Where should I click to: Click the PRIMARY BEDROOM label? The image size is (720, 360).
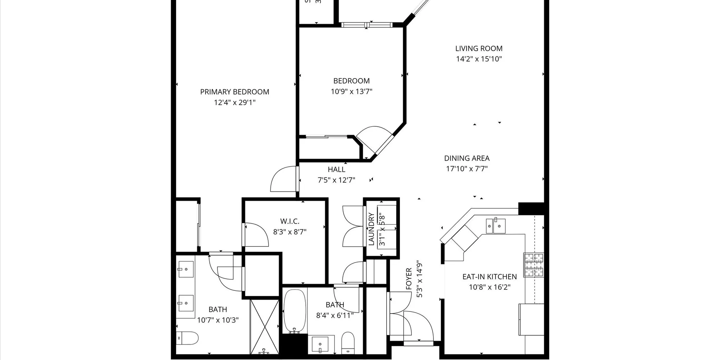(234, 92)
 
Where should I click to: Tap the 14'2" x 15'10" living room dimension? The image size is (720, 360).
(479, 59)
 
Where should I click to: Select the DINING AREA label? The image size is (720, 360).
(467, 158)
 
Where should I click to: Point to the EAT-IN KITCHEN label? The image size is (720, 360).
(489, 276)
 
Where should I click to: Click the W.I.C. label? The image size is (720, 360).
(289, 221)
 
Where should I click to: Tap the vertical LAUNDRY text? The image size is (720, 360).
(371, 229)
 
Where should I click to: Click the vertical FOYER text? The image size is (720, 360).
(409, 279)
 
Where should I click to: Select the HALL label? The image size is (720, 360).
(336, 169)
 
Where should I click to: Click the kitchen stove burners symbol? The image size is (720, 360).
(534, 265)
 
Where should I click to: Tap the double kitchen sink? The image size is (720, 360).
(495, 226)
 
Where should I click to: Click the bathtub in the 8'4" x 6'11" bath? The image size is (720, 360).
(294, 311)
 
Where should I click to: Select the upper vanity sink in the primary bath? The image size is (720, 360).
(186, 269)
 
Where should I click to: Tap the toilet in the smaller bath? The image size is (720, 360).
(348, 342)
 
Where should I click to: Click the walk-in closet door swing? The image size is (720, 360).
(256, 235)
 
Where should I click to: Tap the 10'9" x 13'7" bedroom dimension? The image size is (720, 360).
(351, 91)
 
